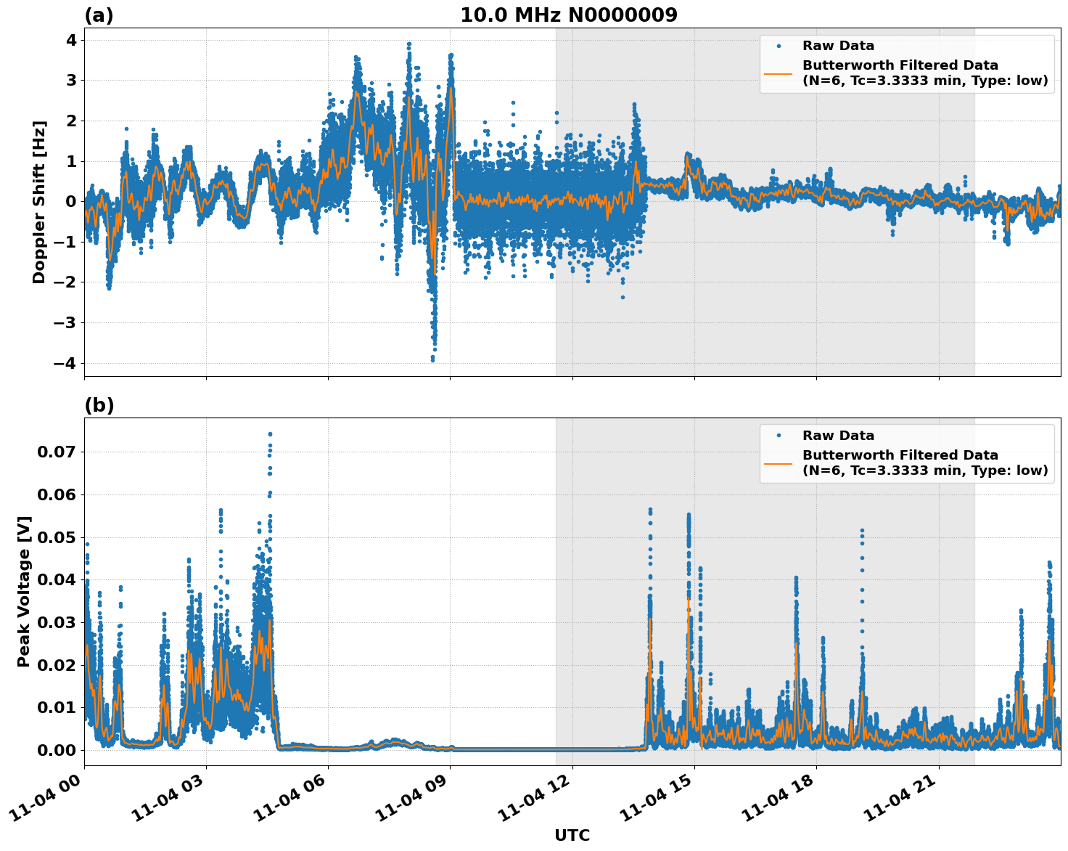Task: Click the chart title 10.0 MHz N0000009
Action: coord(568,15)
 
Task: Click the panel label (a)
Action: coord(99,15)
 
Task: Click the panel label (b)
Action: coord(99,405)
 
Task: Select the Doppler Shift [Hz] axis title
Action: coord(39,202)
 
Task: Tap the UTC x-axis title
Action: coord(572,835)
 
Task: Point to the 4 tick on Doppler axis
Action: coord(71,40)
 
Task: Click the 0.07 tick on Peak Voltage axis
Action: coord(56,452)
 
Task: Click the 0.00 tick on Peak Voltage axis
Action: coord(56,750)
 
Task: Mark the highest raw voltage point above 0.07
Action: coord(270,434)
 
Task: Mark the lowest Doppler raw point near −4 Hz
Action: coord(432,359)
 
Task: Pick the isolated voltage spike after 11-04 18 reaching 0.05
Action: coord(862,532)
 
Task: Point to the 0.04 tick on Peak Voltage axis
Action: coord(56,579)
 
